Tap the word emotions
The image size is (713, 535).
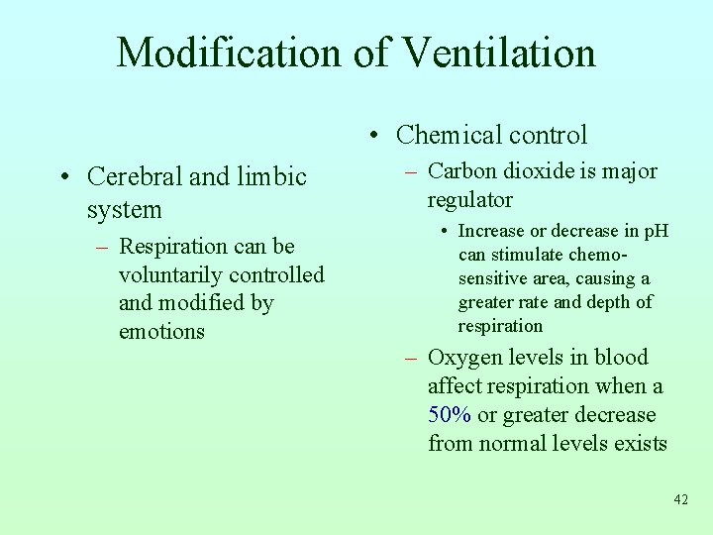161,332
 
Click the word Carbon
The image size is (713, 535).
462,171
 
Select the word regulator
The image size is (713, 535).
469,200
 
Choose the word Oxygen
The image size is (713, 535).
464,358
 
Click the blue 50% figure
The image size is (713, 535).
450,415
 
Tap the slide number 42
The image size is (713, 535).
680,499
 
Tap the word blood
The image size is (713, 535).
623,358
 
